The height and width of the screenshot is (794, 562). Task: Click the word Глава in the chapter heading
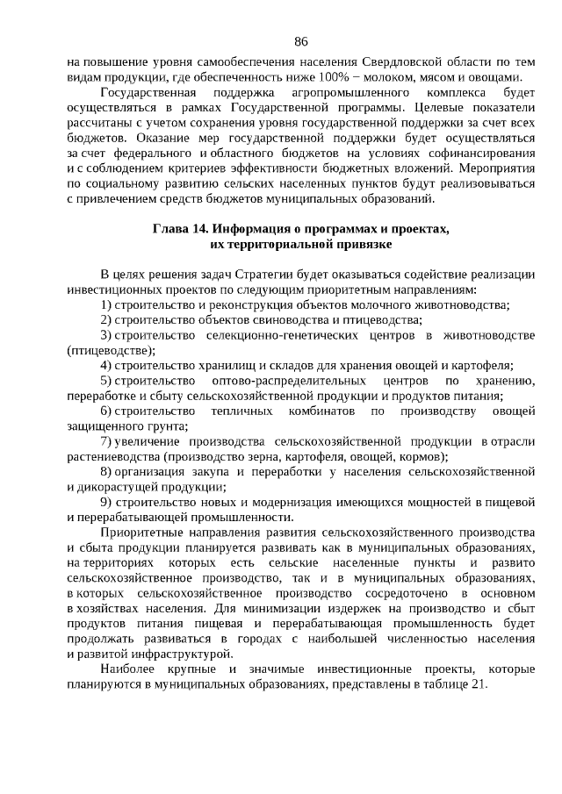(170, 230)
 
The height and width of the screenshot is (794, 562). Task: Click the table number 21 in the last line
(478, 684)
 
